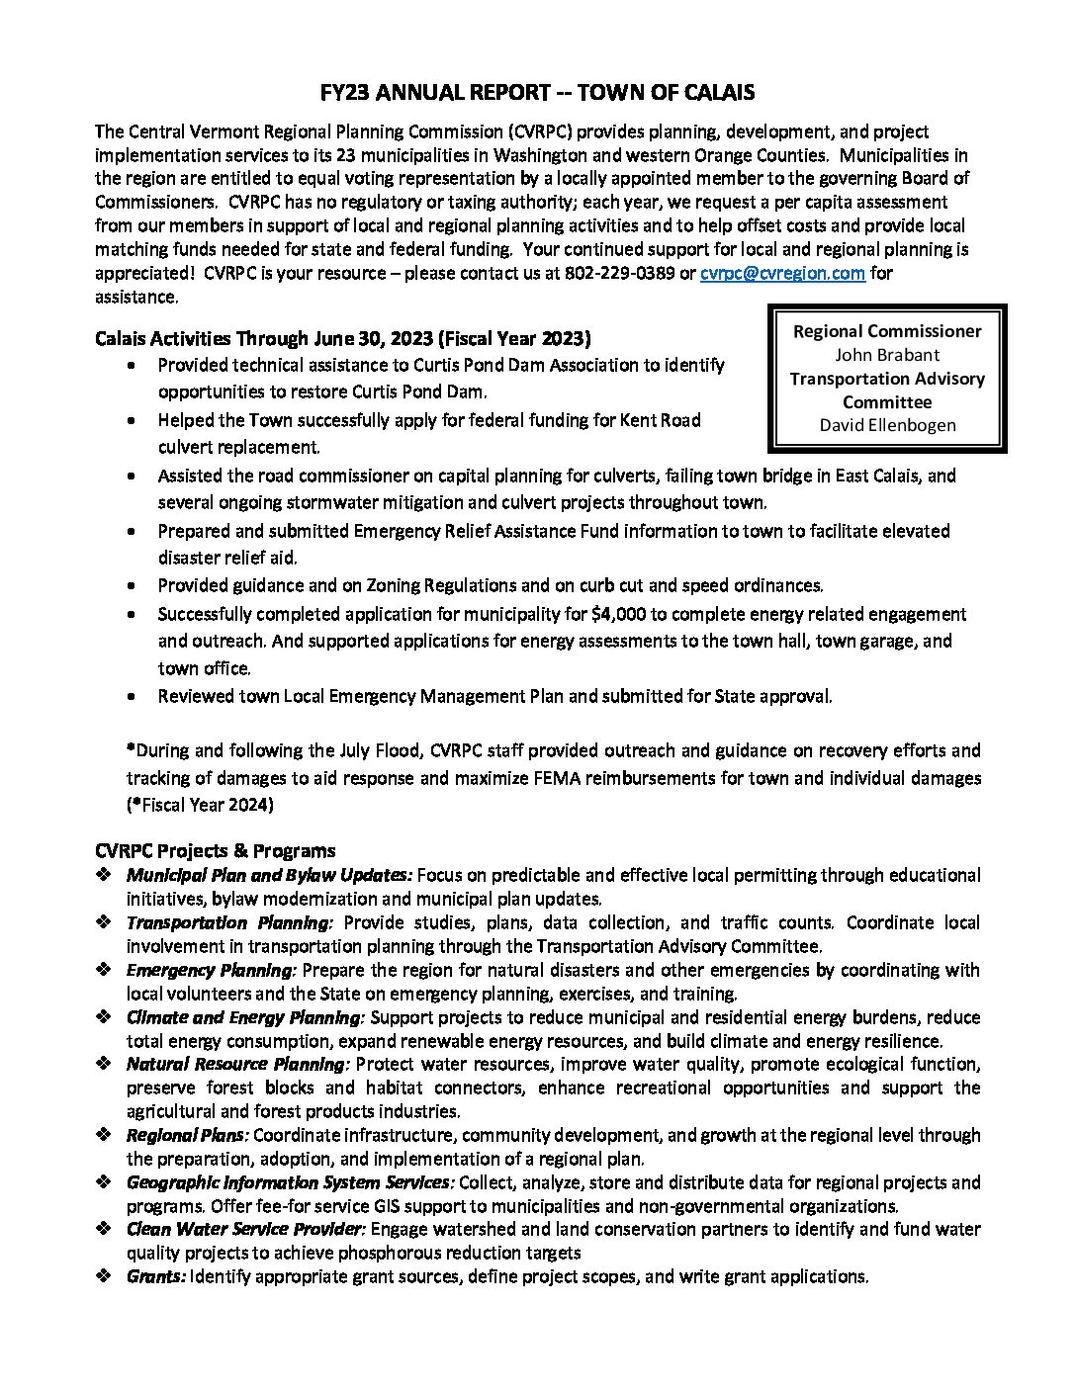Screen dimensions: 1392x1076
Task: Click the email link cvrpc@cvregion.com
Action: [782, 273]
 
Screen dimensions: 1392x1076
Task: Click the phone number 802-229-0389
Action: [617, 273]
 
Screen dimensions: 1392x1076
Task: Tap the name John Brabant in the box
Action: [887, 354]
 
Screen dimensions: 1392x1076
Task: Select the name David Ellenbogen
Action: [887, 425]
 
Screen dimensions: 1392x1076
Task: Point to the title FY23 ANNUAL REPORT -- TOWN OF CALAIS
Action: [538, 93]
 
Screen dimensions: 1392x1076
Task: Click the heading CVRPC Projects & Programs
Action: [216, 850]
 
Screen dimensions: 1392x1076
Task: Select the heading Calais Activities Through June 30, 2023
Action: [342, 338]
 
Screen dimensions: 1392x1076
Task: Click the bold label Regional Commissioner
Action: [887, 331]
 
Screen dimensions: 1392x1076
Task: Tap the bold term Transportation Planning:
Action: [229, 922]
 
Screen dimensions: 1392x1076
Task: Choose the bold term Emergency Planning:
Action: [211, 970]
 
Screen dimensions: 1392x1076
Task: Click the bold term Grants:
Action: [155, 1276]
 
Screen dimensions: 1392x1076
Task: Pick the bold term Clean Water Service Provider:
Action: [246, 1229]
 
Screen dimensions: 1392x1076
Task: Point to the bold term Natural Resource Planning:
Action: [237, 1064]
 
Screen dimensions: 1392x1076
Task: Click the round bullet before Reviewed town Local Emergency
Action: [134, 696]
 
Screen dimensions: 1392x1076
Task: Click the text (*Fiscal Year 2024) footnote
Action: [200, 805]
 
